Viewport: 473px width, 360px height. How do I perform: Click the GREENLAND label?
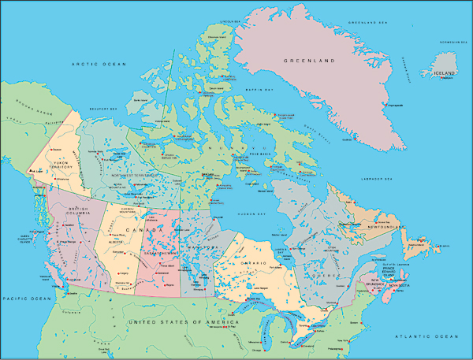[x=310, y=61]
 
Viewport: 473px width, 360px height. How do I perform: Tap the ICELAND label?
[x=444, y=73]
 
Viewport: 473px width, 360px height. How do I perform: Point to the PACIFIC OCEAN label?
[x=27, y=299]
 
